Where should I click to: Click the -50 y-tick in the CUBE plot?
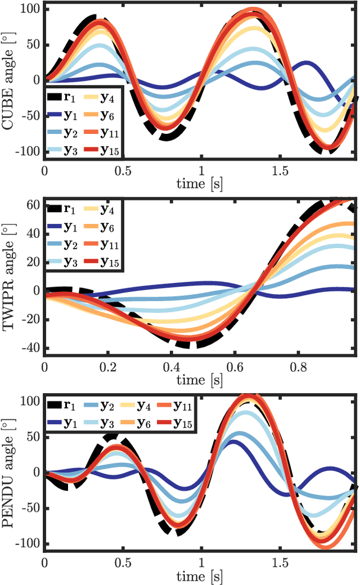29,116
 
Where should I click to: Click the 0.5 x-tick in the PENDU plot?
123,562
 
